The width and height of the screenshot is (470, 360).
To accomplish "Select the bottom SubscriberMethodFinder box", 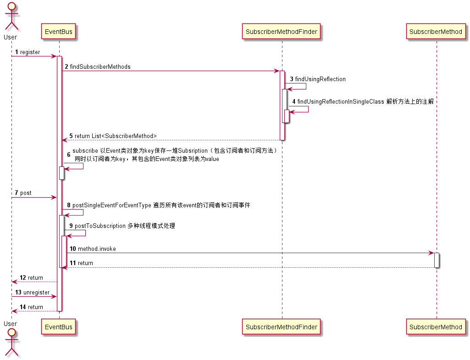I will (282, 327).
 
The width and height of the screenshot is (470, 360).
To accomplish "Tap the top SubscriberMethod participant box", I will (436, 32).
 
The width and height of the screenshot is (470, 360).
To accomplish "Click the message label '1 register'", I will (28, 52).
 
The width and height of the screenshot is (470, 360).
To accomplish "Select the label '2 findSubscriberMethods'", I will (97, 67).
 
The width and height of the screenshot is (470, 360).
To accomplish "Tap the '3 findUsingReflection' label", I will (317, 79).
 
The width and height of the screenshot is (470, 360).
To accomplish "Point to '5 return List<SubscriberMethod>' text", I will (113, 136).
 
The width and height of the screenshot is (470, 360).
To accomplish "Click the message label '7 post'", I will (23, 193).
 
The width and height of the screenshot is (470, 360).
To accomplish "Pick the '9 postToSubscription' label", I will (122, 226).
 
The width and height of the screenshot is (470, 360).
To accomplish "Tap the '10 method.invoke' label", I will (92, 249).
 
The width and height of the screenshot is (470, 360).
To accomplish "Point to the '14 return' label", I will (31, 307).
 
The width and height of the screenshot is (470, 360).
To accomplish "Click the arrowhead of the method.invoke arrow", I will (431, 253).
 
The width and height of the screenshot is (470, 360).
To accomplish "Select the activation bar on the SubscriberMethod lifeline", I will (437, 260).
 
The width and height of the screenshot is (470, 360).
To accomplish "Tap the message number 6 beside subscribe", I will (69, 155).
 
